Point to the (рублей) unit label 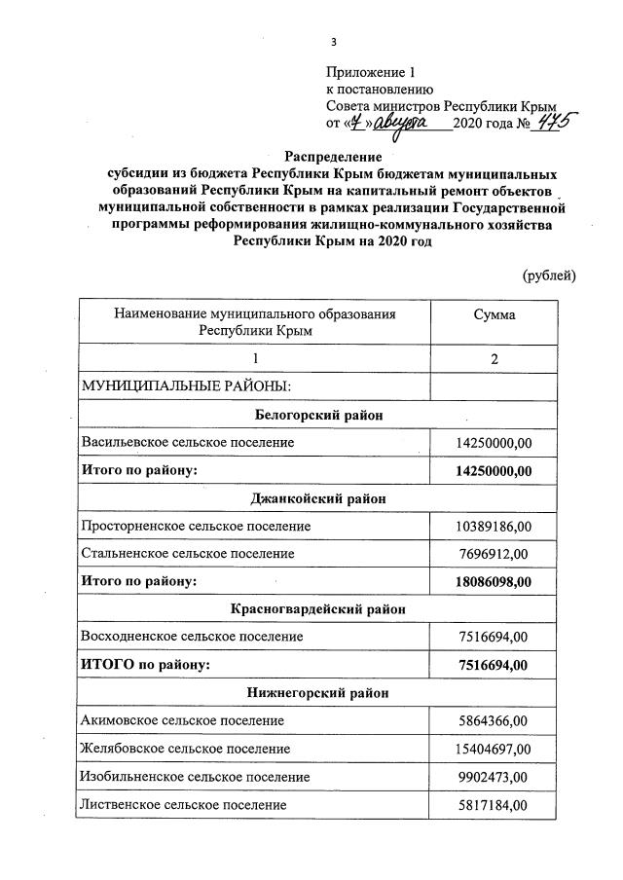click(549, 275)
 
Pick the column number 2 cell click(495, 359)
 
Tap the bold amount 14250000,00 click(494, 471)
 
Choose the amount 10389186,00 click(494, 526)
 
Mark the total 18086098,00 click(494, 582)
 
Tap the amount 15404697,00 click(494, 749)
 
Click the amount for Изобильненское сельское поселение click(494, 777)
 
